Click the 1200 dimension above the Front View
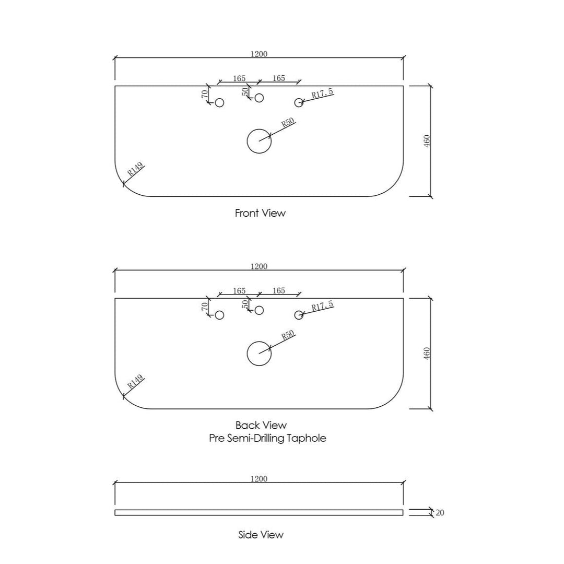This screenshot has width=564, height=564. coord(259,54)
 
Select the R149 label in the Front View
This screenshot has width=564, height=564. coord(136,169)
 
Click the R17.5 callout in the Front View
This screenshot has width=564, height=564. coord(323,93)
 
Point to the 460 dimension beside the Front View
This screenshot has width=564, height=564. coord(427,141)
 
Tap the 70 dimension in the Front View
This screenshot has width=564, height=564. coord(204,94)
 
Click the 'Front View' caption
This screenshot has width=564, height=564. coord(260,213)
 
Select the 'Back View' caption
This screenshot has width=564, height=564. coord(261,425)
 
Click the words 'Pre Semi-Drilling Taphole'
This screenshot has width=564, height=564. coord(267,438)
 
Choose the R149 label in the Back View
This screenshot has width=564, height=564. coord(136,381)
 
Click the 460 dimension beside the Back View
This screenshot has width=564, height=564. coord(427,354)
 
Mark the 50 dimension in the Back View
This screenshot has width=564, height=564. coord(245,304)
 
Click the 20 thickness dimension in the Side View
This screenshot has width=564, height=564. coord(440,513)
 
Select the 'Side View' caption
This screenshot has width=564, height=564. coord(261,535)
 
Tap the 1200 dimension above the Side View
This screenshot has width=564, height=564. coord(259,479)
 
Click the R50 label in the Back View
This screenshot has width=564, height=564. coord(288,335)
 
